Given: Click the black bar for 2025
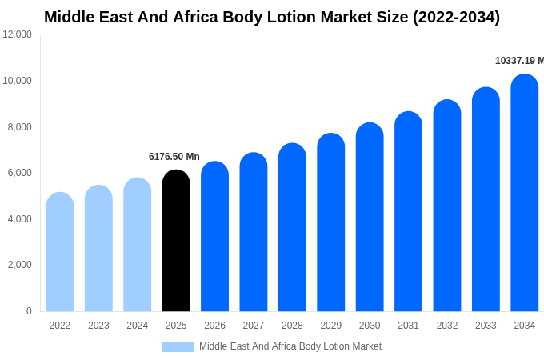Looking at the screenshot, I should click(176, 241).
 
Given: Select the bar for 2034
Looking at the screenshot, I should click(525, 193).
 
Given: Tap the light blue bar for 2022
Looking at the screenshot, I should click(60, 252).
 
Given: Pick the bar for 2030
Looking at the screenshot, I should click(370, 217).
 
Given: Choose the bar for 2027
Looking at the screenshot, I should click(254, 232).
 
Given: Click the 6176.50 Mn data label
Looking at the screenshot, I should click(174, 157).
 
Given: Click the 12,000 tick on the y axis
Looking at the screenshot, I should click(18, 34).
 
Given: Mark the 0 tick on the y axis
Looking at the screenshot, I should click(29, 311).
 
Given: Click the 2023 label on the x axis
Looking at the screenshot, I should click(98, 326).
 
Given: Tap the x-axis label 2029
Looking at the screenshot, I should click(331, 326).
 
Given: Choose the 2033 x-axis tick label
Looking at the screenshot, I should click(486, 326).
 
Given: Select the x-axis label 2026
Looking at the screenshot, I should click(214, 326).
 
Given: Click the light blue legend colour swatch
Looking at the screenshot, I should click(178, 347).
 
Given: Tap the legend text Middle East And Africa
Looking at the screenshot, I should click(248, 346).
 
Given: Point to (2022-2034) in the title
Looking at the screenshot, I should click(456, 17).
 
